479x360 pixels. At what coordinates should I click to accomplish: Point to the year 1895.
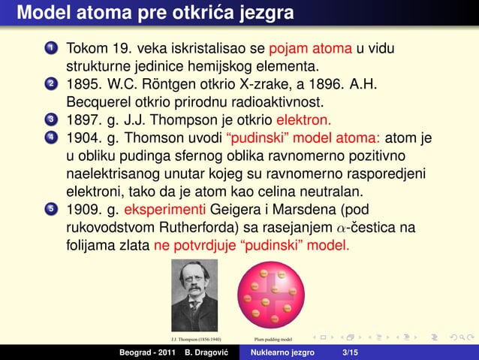point(84,84)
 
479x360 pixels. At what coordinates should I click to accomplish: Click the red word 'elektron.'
point(304,120)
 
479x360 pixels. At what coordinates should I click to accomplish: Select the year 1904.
point(84,138)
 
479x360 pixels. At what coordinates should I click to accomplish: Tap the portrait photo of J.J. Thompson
point(194,295)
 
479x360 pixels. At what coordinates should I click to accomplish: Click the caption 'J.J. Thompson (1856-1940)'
point(194,339)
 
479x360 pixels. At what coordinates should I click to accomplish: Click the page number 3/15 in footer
point(350,352)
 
